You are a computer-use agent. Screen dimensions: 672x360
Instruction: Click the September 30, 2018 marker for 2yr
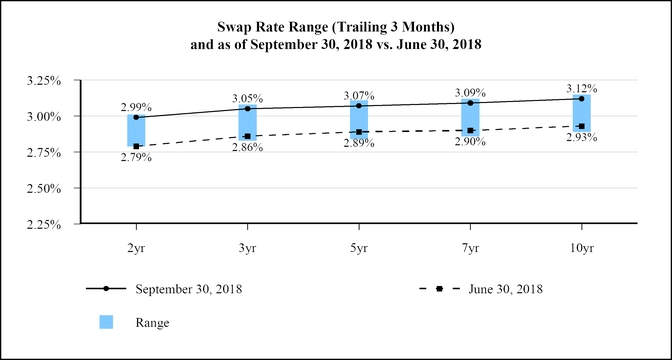pyautogui.click(x=136, y=117)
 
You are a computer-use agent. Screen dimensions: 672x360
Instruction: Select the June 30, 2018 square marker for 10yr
pyautogui.click(x=582, y=126)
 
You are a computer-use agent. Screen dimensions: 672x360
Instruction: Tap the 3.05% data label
pyautogui.click(x=248, y=99)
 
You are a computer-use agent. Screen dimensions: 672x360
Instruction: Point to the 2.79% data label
pyautogui.click(x=136, y=158)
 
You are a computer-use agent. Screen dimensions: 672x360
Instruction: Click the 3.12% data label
pyautogui.click(x=582, y=89)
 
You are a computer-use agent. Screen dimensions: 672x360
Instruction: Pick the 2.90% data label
pyautogui.click(x=470, y=141)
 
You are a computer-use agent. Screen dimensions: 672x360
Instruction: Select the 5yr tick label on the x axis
pyautogui.click(x=359, y=249)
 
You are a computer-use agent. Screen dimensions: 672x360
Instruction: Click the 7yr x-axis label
pyautogui.click(x=470, y=249)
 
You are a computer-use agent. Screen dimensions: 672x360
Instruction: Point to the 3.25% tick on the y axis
pyautogui.click(x=43, y=81)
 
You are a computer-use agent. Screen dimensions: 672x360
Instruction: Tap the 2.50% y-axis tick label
pyautogui.click(x=43, y=188)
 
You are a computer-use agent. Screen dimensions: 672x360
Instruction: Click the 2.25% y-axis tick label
pyautogui.click(x=43, y=224)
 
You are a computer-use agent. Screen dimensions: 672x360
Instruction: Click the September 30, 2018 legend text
pyautogui.click(x=189, y=289)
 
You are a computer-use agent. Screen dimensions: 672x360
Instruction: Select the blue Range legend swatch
pyautogui.click(x=106, y=322)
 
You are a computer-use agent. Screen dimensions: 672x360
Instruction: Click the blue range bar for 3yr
pyautogui.click(x=248, y=123)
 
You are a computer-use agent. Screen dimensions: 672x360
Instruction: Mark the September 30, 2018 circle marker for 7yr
pyautogui.click(x=470, y=103)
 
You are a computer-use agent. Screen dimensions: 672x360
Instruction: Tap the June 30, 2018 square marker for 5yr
pyautogui.click(x=359, y=132)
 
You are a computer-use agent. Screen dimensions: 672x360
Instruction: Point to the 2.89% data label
pyautogui.click(x=359, y=144)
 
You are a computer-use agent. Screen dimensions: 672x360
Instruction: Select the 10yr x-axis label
pyautogui.click(x=582, y=249)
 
